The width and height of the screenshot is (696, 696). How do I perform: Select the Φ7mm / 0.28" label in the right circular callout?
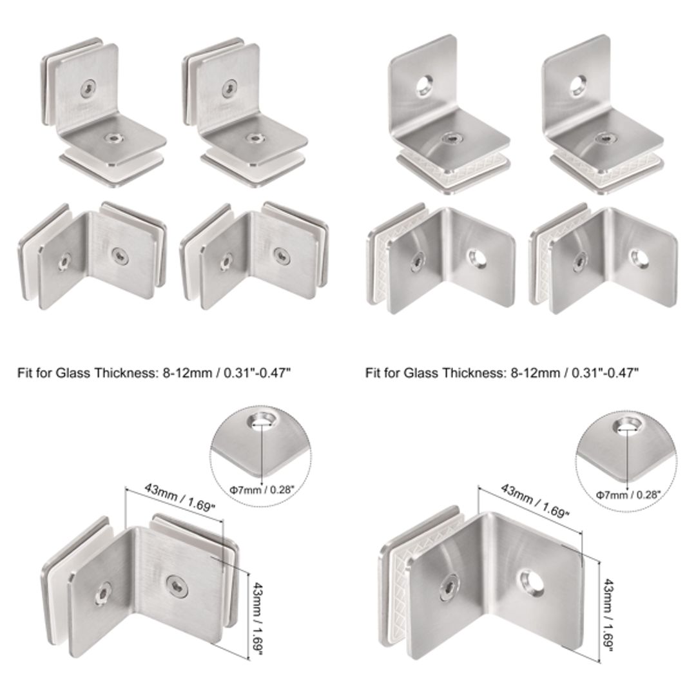[x=628, y=494]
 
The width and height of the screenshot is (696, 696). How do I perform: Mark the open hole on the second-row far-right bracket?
[x=638, y=260]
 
